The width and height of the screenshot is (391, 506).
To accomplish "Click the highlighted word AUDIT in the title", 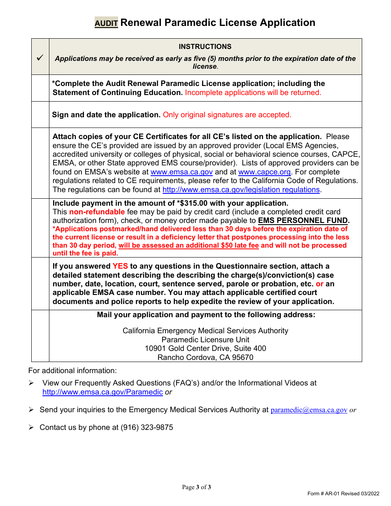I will tap(106, 23).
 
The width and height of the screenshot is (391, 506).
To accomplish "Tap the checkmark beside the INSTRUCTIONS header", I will tap(40, 58).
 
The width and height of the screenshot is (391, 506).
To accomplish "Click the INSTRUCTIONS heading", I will tap(205, 46).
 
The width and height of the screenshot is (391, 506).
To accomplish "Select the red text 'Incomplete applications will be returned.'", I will tap(253, 93).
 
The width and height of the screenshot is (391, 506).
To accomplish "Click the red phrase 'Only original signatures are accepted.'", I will tap(227, 115).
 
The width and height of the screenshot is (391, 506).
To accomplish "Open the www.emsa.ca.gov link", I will tap(182, 172).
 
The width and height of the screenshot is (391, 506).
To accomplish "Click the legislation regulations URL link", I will tap(241, 190).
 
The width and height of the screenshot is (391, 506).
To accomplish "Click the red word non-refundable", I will tap(97, 212).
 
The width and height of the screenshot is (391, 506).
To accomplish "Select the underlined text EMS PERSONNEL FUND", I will tap(303, 221).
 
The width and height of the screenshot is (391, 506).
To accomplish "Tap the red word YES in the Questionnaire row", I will tap(120, 266).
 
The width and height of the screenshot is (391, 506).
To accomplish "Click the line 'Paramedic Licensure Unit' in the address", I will tap(205, 340).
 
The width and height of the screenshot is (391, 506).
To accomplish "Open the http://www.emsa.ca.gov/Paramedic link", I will tap(102, 392).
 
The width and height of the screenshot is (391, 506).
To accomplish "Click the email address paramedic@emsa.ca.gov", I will tap(309, 410).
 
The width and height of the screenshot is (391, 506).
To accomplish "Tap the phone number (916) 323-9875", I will tap(147, 427).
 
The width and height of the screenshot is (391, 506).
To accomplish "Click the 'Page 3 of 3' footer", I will tap(196, 487).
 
